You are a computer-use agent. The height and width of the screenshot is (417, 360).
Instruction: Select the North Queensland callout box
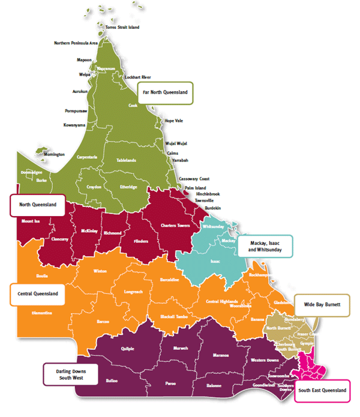(x=37, y=205)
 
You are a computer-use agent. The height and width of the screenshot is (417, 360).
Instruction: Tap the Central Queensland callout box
(x=38, y=294)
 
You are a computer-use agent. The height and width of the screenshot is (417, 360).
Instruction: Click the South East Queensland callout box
(x=322, y=391)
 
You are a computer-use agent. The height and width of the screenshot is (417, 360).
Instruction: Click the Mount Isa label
(x=31, y=221)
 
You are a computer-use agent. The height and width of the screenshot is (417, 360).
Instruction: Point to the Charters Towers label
(x=175, y=226)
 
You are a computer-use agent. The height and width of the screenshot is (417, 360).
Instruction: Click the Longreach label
(x=133, y=292)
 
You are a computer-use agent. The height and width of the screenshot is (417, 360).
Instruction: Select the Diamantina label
(x=41, y=313)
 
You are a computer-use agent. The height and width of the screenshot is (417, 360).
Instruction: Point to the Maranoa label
(x=221, y=355)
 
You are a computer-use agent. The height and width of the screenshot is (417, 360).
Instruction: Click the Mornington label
(x=54, y=154)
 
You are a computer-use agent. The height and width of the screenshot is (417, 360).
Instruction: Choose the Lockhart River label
(x=137, y=77)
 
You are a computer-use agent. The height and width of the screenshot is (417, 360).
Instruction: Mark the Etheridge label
(x=128, y=187)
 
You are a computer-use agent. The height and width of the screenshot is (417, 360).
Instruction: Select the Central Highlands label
(x=221, y=301)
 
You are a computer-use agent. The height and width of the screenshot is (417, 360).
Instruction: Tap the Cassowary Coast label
(x=194, y=179)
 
